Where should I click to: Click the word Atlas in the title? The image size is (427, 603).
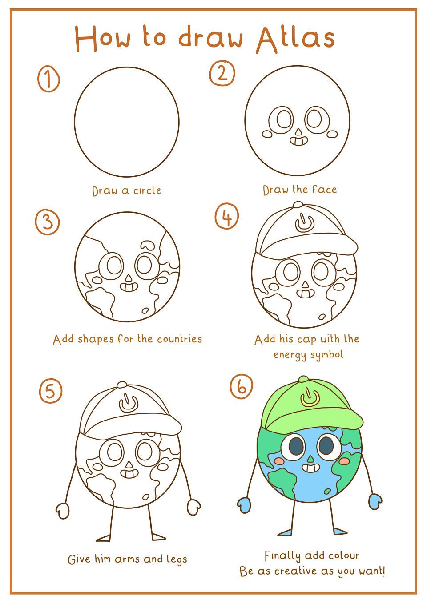(295, 40)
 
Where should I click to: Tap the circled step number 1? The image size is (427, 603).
(48, 79)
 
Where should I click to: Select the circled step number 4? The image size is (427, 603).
(227, 216)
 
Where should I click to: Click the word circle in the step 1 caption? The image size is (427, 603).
(147, 190)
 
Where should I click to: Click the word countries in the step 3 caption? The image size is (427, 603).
(180, 339)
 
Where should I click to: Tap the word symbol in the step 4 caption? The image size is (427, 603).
(327, 355)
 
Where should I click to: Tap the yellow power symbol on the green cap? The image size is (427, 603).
(310, 397)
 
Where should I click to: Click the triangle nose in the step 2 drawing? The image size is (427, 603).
(298, 131)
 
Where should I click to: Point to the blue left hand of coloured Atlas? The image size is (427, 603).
(244, 505)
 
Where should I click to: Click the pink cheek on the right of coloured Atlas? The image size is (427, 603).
(344, 461)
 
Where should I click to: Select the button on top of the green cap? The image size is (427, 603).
(304, 379)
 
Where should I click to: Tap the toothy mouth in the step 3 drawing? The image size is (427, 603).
(129, 287)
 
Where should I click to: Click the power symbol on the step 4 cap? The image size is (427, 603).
(305, 223)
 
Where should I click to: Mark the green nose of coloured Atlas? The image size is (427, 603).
(310, 458)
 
